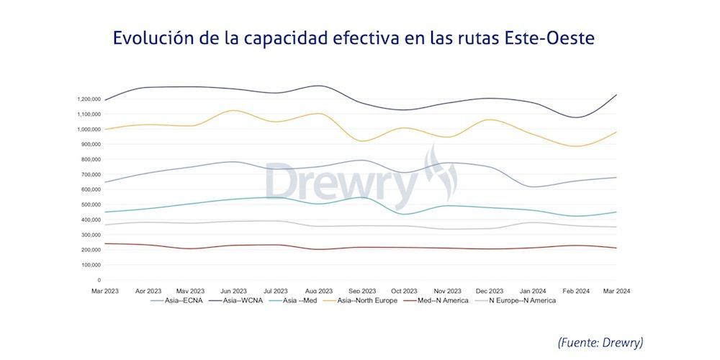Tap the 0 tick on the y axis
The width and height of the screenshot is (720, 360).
pyautogui.click(x=98, y=280)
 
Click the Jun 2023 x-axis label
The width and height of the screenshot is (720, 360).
pyautogui.click(x=235, y=291)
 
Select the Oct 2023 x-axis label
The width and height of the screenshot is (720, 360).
pyautogui.click(x=405, y=291)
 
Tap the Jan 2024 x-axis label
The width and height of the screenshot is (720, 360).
pyautogui.click(x=532, y=291)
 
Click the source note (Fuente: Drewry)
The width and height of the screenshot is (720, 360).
pyautogui.click(x=600, y=342)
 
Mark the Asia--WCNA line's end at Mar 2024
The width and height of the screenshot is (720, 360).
pyautogui.click(x=616, y=95)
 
